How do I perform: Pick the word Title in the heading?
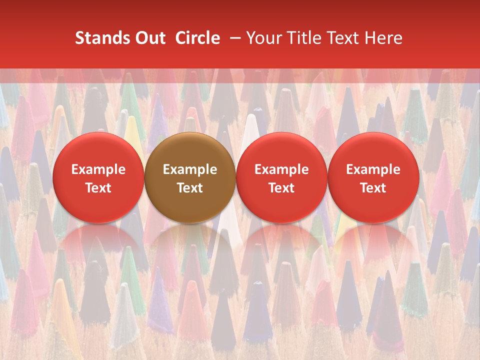point(298,38)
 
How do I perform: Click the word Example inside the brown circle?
point(190,169)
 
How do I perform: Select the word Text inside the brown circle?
point(190,188)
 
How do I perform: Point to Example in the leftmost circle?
point(98,169)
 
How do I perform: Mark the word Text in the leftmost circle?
point(98,188)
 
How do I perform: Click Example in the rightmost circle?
point(373,169)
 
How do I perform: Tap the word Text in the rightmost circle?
point(373,188)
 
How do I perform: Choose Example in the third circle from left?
point(281,169)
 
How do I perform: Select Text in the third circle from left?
point(281,188)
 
